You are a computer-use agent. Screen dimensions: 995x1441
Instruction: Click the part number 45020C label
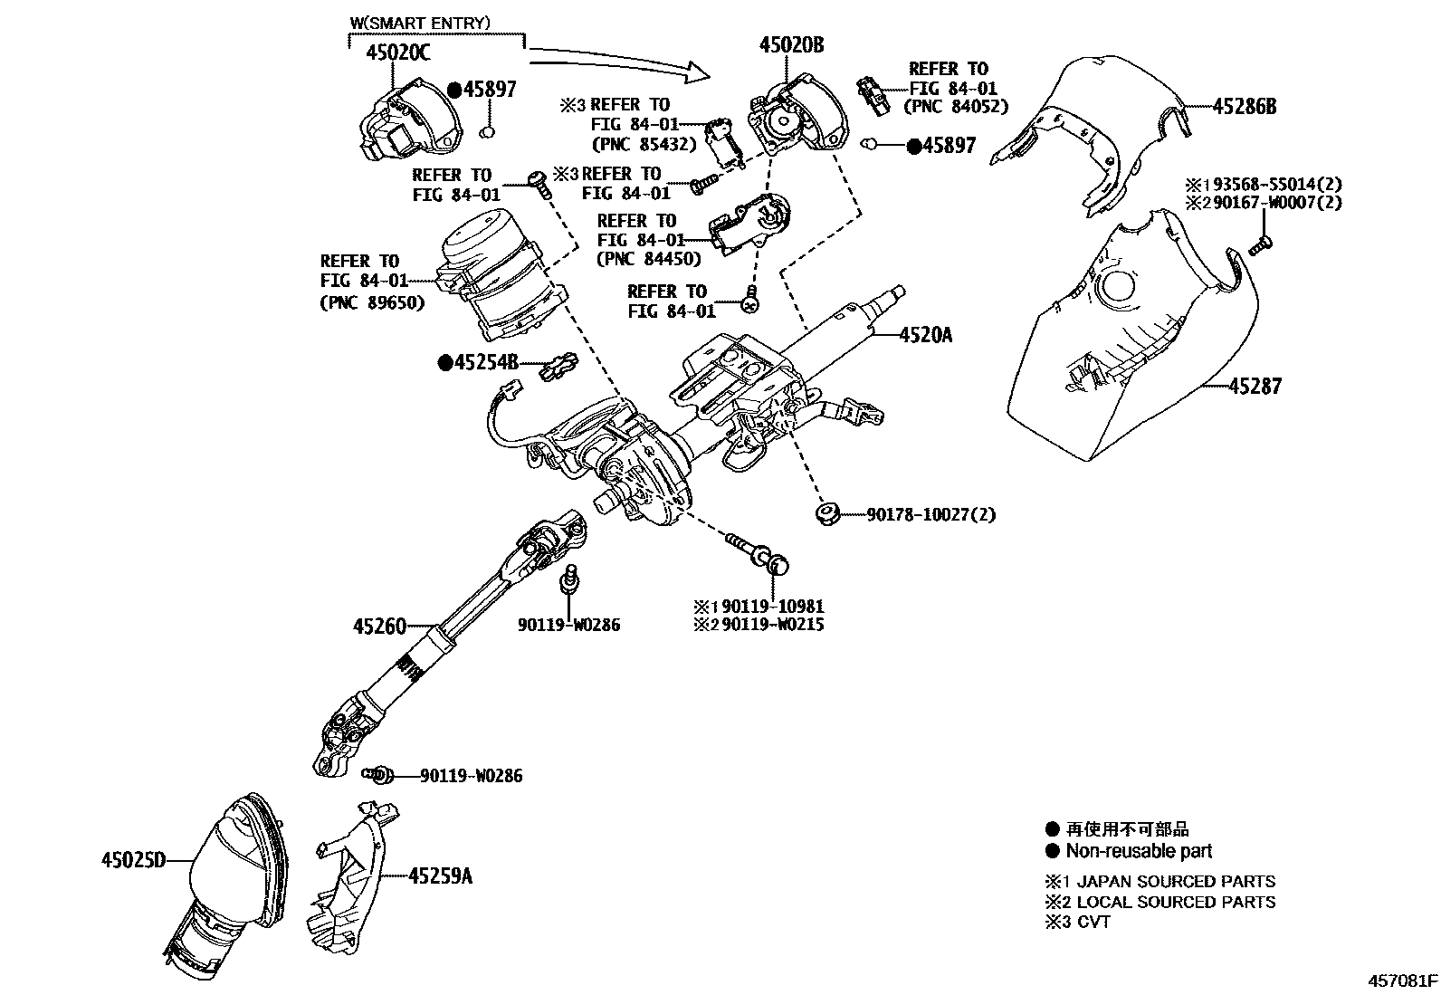pyautogui.click(x=397, y=53)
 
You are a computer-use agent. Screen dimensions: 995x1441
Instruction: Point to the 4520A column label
pyautogui.click(x=925, y=335)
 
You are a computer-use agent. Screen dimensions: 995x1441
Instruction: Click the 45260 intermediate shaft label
pyautogui.click(x=379, y=626)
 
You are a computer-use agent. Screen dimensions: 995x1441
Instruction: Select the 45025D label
pyautogui.click(x=133, y=860)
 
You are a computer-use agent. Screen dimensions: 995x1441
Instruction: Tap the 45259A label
pyautogui.click(x=440, y=875)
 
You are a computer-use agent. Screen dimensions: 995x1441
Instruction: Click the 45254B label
pyautogui.click(x=485, y=363)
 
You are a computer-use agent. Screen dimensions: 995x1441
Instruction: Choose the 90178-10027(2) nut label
pyautogui.click(x=930, y=514)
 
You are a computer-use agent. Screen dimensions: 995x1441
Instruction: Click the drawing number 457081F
pyautogui.click(x=1402, y=981)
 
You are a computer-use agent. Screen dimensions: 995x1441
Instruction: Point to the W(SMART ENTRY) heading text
pyautogui.click(x=420, y=22)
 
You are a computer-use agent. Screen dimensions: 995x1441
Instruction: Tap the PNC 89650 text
pyautogui.click(x=372, y=303)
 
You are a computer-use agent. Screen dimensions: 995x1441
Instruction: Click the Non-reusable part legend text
pyautogui.click(x=1139, y=851)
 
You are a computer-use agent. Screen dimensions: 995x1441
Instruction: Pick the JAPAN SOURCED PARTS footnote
pyautogui.click(x=1175, y=881)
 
